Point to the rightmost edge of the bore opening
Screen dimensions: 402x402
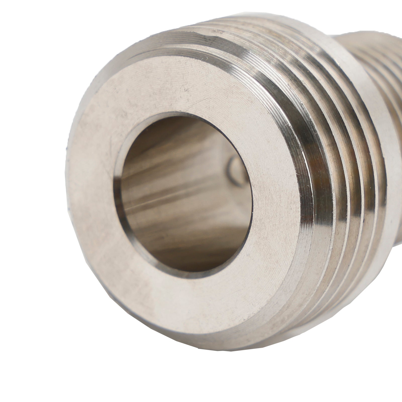pos(252,201)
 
